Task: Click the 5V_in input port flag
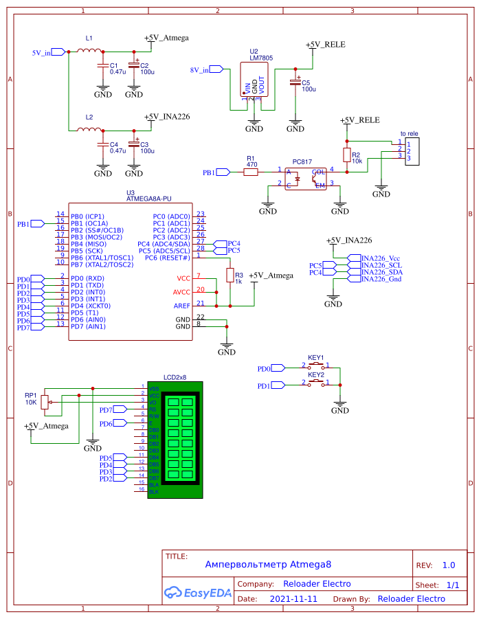point(58,52)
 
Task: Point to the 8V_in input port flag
point(216,69)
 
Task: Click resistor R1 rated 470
point(251,172)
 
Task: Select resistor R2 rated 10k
point(347,155)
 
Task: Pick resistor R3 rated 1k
point(230,275)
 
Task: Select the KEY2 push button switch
point(316,382)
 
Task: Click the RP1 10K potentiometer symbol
point(45,402)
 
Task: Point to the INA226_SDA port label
point(381,272)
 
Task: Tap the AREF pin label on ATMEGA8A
point(183,305)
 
